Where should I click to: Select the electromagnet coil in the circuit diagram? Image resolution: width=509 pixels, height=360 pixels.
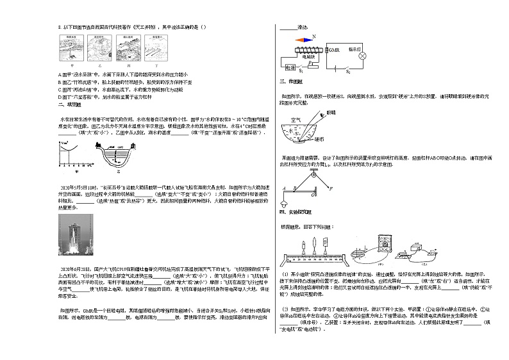coord(307,49)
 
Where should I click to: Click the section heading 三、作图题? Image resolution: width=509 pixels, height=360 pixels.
coord(287,81)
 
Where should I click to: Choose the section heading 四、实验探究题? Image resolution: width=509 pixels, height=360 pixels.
coord(292,211)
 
